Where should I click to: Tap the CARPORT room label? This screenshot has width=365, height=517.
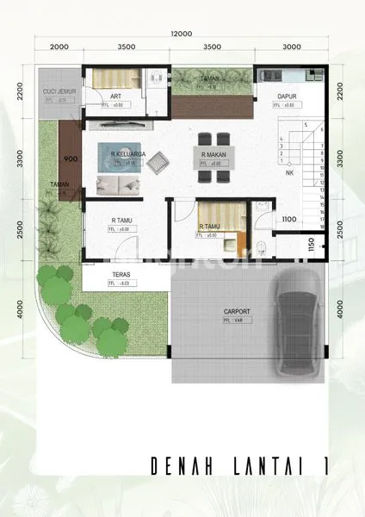click(213, 312)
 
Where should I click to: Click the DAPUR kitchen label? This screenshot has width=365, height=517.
click(287, 97)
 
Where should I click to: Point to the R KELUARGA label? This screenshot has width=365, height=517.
click(127, 154)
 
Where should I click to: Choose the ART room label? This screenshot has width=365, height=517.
click(114, 97)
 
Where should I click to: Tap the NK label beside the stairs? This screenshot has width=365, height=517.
click(289, 172)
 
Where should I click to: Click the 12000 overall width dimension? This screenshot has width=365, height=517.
click(181, 33)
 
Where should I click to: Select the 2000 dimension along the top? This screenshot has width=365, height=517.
click(59, 48)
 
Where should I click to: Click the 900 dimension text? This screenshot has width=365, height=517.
click(70, 159)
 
